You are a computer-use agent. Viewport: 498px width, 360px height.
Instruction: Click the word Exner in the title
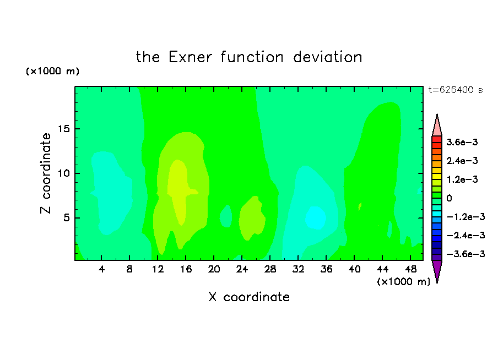coord(190,57)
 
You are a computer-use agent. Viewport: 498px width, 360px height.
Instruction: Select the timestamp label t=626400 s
coord(456,90)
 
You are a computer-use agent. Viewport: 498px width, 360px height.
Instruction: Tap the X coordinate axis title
coord(249,297)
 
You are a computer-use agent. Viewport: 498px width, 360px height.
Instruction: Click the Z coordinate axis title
coord(46,173)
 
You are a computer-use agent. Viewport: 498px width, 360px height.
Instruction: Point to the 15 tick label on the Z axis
coord(63,129)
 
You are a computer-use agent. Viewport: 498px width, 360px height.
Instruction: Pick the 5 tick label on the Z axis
coord(66,218)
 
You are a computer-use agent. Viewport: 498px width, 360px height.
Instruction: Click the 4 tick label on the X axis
coord(101,269)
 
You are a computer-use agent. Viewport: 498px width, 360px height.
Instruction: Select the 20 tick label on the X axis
coord(214,269)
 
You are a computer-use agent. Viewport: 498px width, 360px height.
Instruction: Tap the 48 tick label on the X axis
coord(410,269)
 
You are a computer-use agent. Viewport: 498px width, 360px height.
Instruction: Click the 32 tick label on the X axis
coord(298,269)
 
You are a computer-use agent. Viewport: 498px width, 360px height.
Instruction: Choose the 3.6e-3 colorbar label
coord(462,142)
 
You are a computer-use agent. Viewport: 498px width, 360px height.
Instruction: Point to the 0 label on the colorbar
coord(449,198)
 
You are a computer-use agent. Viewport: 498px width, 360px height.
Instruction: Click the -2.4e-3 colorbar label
coord(465,235)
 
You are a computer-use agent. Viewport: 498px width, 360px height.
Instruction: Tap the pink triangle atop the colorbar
coord(437,127)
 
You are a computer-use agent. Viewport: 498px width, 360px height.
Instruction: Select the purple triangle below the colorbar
coord(437,270)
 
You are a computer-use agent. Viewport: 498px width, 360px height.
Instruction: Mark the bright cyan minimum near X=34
coord(315,218)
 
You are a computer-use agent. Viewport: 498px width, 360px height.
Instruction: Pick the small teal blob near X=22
coord(226,216)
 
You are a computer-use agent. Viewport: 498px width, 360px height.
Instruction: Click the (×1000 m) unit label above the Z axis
coord(52,71)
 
